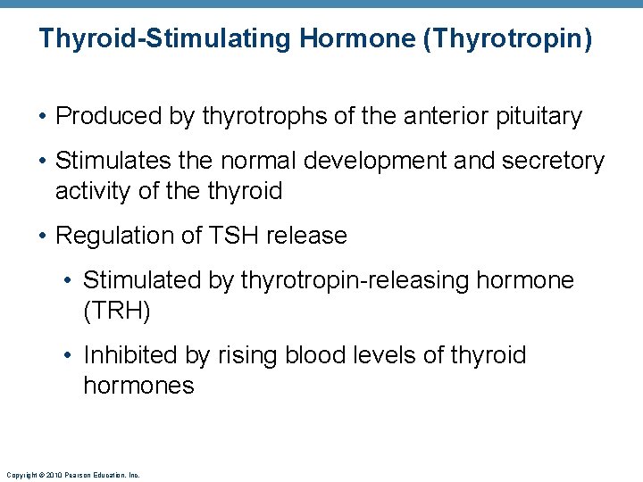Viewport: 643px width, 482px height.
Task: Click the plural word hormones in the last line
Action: click(138, 386)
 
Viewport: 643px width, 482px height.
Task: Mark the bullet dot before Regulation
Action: click(43, 237)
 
